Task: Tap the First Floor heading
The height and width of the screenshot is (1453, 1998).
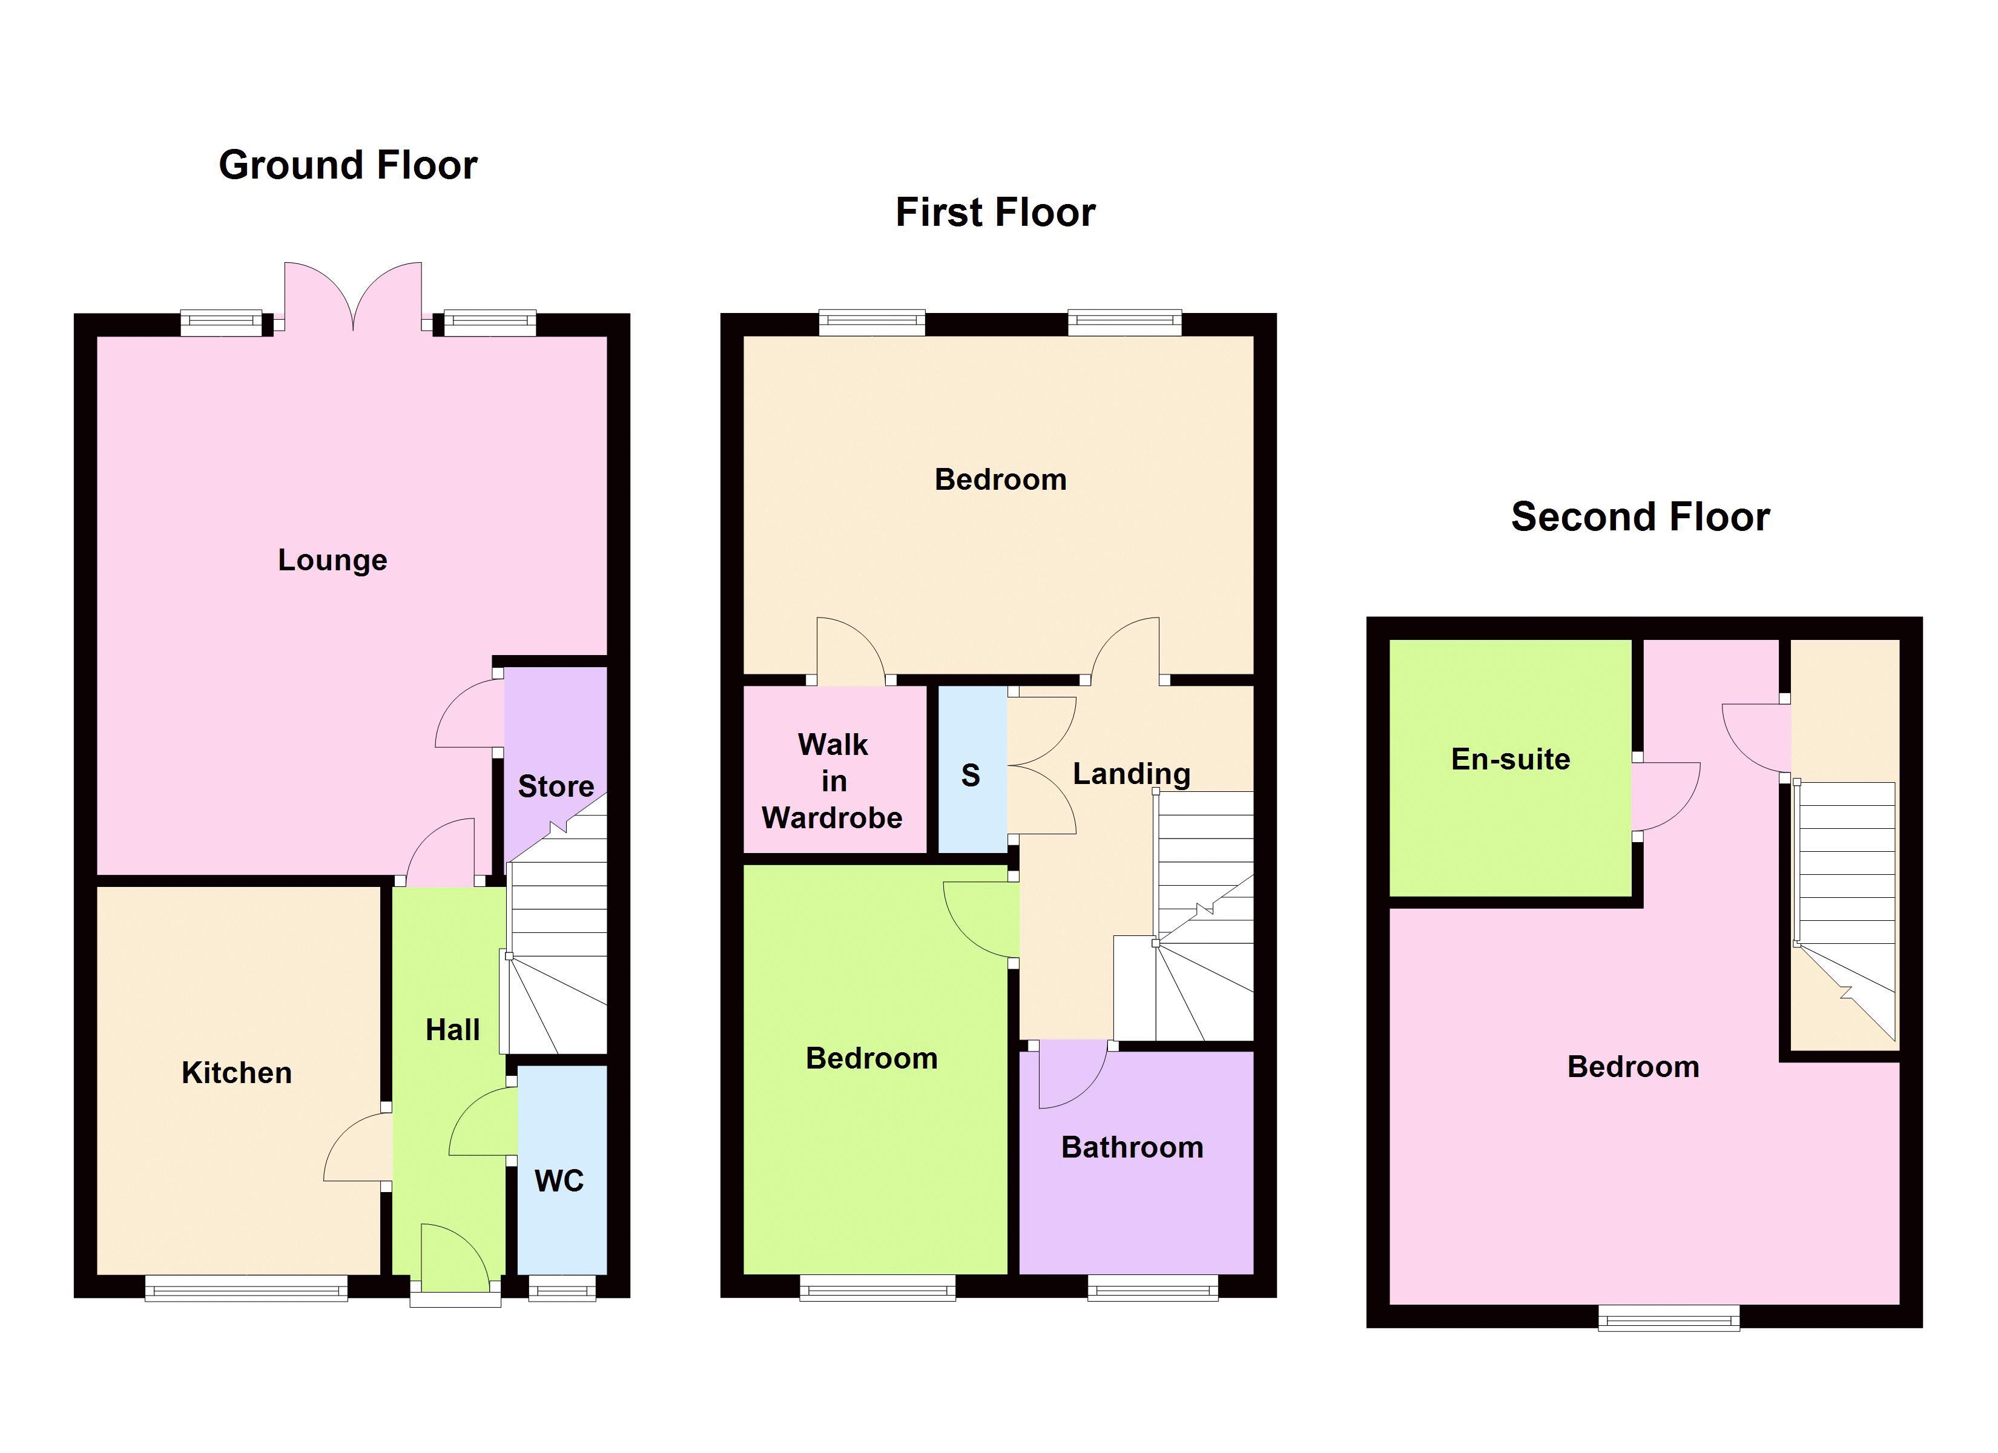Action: tap(995, 213)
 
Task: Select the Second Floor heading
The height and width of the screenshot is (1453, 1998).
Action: tap(1640, 517)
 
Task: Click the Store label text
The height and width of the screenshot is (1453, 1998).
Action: tap(556, 786)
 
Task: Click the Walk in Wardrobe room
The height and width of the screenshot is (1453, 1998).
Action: tap(833, 781)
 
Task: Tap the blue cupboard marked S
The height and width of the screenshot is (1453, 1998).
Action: tap(971, 776)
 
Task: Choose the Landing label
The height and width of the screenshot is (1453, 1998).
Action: tap(1131, 774)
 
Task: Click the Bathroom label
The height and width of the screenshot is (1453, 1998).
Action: tap(1132, 1147)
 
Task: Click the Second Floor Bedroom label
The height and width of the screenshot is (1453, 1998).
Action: tap(1632, 1067)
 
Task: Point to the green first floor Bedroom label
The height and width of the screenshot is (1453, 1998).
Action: tap(871, 1058)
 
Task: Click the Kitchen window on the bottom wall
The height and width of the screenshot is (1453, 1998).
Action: tap(246, 1291)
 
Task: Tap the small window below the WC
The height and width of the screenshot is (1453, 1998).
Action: tap(562, 1291)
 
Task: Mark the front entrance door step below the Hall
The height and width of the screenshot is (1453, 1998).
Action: tap(455, 1298)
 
